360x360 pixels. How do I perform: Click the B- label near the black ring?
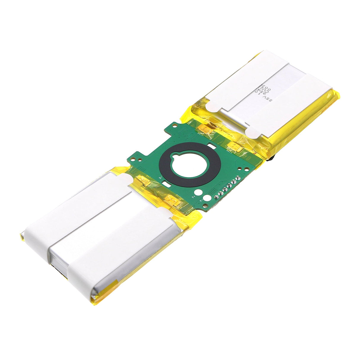pyautogui.click(x=160, y=178)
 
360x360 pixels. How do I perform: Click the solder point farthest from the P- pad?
pyautogui.click(x=238, y=179)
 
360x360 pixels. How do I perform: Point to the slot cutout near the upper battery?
pyautogui.click(x=212, y=146)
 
